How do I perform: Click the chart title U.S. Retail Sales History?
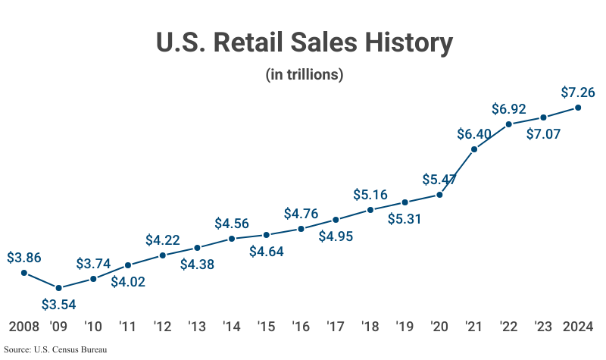pyautogui.click(x=304, y=42)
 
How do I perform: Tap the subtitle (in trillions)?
pyautogui.click(x=304, y=75)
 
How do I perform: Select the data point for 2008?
pyautogui.click(x=24, y=273)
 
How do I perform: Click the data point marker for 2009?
pyautogui.click(x=59, y=288)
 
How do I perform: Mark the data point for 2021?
pyautogui.click(x=474, y=149)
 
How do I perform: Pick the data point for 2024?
pyautogui.click(x=578, y=108)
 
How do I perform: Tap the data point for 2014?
pyautogui.click(x=232, y=239)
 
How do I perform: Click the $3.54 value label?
pyautogui.click(x=59, y=305)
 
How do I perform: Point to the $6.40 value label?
pyautogui.click(x=474, y=134)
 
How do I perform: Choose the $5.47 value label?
pyautogui.click(x=440, y=180)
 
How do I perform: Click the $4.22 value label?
pyautogui.click(x=163, y=240)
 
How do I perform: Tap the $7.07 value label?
pyautogui.click(x=544, y=134)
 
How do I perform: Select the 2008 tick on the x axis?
pyautogui.click(x=24, y=327)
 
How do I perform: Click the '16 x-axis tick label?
pyautogui.click(x=301, y=327)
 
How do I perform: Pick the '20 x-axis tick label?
pyautogui.click(x=439, y=327)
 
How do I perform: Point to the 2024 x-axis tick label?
pyautogui.click(x=578, y=327)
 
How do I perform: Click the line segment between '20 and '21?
pyautogui.click(x=458, y=172)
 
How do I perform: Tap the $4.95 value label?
pyautogui.click(x=336, y=236)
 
